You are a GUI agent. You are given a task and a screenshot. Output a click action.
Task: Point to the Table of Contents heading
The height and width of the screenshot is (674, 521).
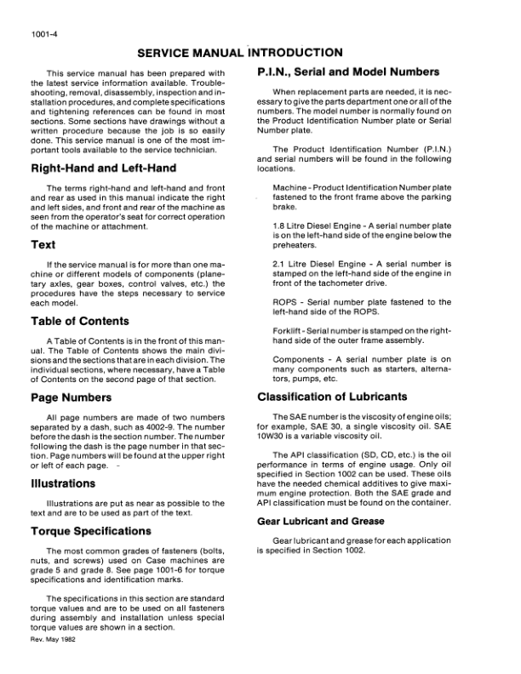tap(80, 322)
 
